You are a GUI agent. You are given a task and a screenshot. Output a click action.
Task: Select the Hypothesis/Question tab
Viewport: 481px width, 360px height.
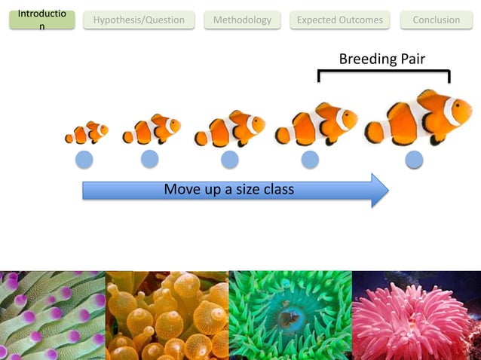pyautogui.click(x=139, y=20)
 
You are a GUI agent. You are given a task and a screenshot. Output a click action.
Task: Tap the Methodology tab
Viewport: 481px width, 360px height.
pyautogui.click(x=242, y=20)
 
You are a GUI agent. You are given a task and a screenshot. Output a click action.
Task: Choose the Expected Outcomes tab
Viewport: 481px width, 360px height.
pyautogui.click(x=339, y=20)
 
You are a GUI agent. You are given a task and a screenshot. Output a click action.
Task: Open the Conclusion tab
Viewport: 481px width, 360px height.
pyautogui.click(x=436, y=20)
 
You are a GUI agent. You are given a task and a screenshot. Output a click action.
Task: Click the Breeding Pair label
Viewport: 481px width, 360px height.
pyautogui.click(x=381, y=59)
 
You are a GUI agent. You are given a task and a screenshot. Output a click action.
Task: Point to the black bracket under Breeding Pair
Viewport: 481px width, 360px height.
pyautogui.click(x=384, y=72)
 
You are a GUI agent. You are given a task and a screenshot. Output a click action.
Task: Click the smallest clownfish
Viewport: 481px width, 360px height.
pyautogui.click(x=86, y=133)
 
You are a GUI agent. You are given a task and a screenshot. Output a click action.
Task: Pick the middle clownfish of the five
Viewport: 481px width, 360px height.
pyautogui.click(x=229, y=129)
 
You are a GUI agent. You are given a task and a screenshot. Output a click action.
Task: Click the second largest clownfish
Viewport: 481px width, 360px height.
pyautogui.click(x=316, y=124)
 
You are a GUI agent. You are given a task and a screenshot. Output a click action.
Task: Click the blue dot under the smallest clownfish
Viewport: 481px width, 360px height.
pyautogui.click(x=84, y=159)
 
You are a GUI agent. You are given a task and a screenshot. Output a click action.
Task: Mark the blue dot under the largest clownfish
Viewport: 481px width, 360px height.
pyautogui.click(x=414, y=159)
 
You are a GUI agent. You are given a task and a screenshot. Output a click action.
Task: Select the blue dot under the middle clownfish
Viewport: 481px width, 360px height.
pyautogui.click(x=230, y=159)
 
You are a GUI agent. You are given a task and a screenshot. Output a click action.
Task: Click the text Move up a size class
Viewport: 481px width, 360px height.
pyautogui.click(x=228, y=189)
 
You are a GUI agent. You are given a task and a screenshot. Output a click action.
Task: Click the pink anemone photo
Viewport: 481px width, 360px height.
pyautogui.click(x=416, y=316)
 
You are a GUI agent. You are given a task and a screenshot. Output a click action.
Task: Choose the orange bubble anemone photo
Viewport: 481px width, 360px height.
pyautogui.click(x=167, y=316)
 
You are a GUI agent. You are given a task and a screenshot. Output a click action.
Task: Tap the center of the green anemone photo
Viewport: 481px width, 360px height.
pyautogui.click(x=290, y=316)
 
